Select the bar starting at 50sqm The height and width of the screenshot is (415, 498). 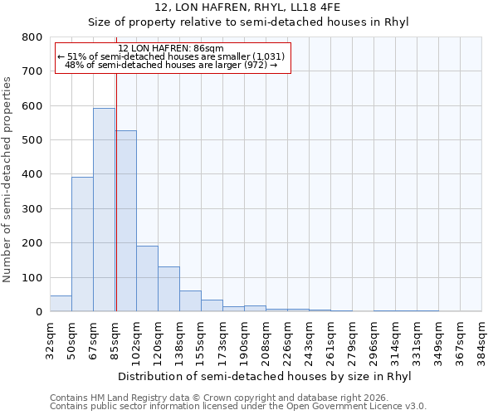(82, 244)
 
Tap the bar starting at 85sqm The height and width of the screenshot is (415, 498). (126, 221)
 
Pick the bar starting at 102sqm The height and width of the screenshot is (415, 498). (147, 279)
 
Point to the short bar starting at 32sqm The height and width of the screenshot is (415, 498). (61, 304)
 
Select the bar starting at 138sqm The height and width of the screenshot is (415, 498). (190, 301)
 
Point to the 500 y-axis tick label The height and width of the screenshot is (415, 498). (32, 140)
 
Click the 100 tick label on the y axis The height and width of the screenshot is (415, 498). (32, 277)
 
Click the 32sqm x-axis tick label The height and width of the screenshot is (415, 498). (50, 339)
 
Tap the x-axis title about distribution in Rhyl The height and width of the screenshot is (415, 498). (265, 376)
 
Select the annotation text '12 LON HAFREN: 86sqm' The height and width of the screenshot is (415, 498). (171, 48)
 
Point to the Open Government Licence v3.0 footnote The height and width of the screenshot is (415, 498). (238, 406)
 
